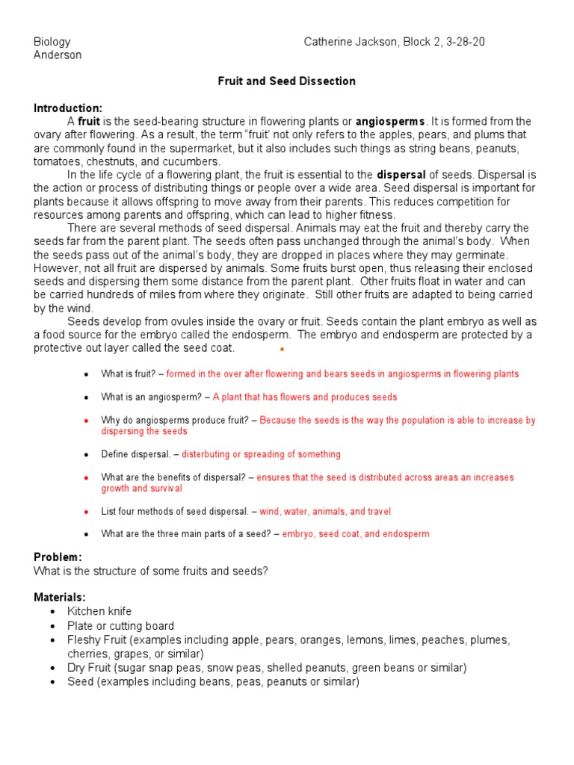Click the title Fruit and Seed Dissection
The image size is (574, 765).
[286, 81]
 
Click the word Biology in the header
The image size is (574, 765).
[52, 42]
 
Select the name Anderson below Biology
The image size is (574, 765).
[58, 55]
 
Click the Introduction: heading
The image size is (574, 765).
[68, 108]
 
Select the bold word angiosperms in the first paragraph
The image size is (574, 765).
[390, 121]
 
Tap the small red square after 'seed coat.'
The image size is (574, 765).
[282, 349]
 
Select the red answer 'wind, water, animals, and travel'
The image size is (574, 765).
[325, 512]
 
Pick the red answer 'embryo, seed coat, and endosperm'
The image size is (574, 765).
[356, 534]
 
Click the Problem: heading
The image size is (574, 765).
[58, 557]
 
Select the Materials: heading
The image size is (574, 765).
[60, 598]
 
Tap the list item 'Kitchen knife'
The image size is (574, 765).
[99, 611]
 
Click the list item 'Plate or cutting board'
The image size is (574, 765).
[120, 625]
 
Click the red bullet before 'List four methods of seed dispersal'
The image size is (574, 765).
[87, 512]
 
